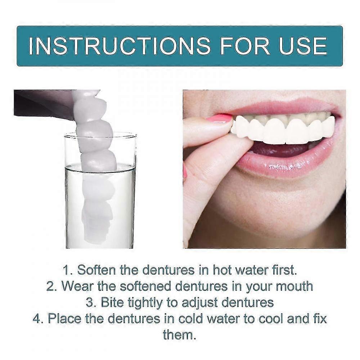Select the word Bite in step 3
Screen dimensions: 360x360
pyautogui.click(x=113, y=302)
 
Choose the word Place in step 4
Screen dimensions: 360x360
pyautogui.click(x=64, y=319)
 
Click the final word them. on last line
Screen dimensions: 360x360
pyautogui.click(x=180, y=334)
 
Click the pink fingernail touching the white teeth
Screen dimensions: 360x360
pyautogui.click(x=219, y=118)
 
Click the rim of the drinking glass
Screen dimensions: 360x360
pyautogui.click(x=100, y=135)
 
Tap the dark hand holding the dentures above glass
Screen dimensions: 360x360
pyautogui.click(x=43, y=103)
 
